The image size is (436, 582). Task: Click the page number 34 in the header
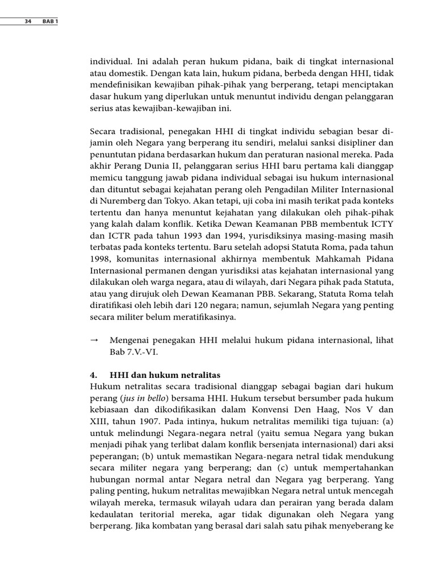[28, 22]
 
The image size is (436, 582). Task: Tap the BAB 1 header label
[50, 22]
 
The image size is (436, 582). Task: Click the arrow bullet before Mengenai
[95, 340]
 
